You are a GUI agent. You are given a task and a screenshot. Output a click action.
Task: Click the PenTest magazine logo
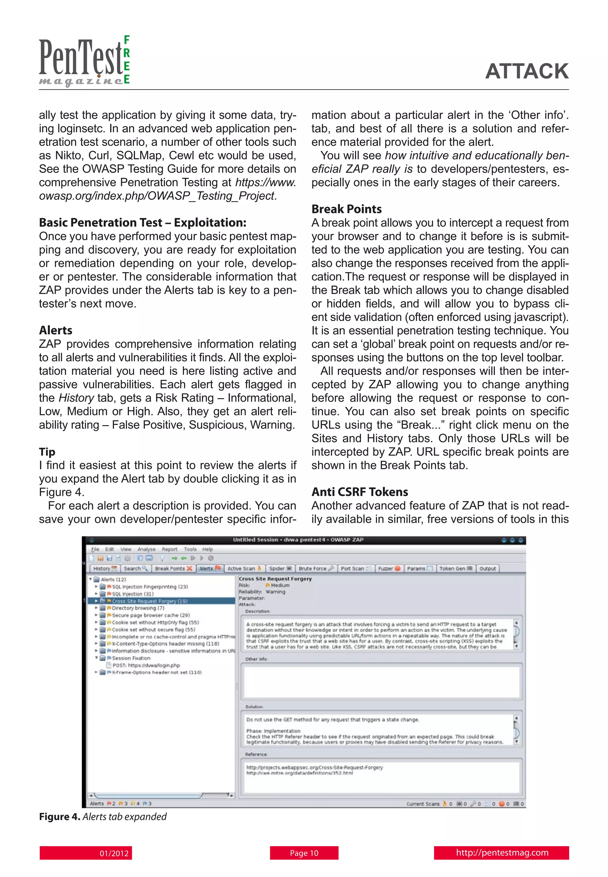85,61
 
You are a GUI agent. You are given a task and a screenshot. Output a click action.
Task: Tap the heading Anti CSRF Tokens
360,492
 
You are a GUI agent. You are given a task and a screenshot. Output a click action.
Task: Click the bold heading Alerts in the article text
56,330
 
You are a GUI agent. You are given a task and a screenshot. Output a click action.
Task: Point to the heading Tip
47,452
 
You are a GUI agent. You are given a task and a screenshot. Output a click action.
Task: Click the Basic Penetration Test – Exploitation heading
142,222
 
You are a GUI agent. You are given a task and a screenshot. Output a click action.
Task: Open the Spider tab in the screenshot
280,568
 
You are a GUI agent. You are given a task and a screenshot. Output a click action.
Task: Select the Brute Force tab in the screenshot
315,568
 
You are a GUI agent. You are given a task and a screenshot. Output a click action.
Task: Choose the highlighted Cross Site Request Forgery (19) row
149,601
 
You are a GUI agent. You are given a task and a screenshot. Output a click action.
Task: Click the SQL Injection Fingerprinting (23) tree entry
149,587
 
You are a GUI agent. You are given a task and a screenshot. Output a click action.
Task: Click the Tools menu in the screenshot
190,549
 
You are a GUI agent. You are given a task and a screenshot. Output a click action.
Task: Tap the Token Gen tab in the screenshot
455,568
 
